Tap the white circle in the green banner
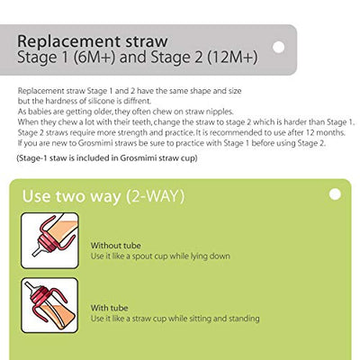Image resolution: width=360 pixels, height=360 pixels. (x=334, y=194)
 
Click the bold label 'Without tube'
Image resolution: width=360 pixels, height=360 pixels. (x=115, y=245)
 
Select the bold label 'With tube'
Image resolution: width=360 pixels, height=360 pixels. (x=109, y=307)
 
